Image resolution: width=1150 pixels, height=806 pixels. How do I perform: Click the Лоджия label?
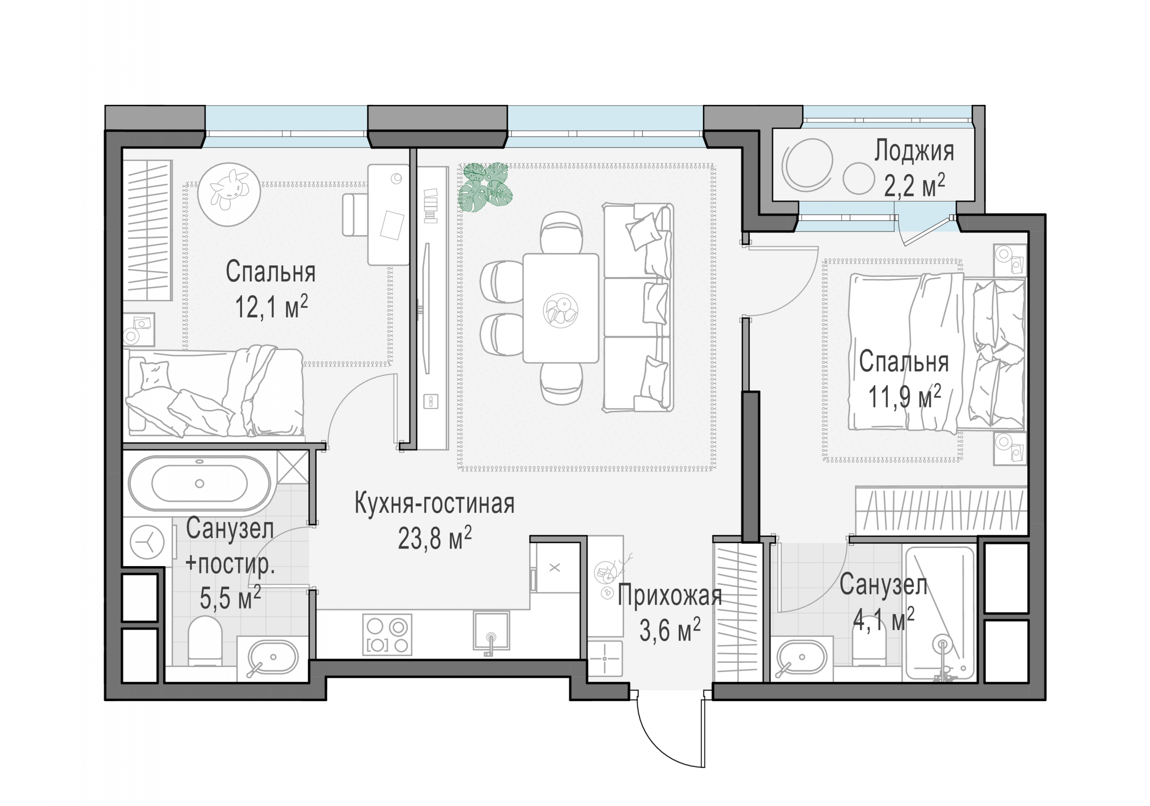tap(914, 151)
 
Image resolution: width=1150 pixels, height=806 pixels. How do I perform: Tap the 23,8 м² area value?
tap(435, 539)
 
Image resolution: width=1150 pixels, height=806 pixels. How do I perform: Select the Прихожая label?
tap(670, 596)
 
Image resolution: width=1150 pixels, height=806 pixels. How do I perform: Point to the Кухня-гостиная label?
tap(435, 503)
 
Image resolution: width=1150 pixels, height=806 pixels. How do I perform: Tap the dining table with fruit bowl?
tap(560, 308)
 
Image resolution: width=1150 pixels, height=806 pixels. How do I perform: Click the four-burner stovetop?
tap(387, 635)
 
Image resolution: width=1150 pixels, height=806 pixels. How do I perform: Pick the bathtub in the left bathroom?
tap(199, 484)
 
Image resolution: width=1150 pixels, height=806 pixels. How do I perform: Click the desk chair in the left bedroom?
tap(356, 215)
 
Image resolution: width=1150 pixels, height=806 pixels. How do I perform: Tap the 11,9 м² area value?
tap(904, 397)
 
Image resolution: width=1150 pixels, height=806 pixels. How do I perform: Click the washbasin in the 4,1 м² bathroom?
tap(801, 659)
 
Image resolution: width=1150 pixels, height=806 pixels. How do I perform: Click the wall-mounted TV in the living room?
tap(427, 308)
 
